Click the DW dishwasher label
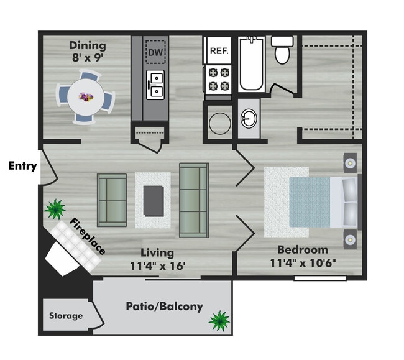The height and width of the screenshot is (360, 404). (x=155, y=53)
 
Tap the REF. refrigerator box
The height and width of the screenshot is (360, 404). (x=219, y=50)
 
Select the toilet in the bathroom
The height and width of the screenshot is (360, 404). (x=282, y=50)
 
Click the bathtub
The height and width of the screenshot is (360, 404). (x=252, y=65)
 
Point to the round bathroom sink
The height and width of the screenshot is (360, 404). (x=249, y=118)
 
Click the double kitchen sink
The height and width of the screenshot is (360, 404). (x=155, y=85)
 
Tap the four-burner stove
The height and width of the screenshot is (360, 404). (x=219, y=80)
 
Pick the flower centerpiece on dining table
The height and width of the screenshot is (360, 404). (x=86, y=97)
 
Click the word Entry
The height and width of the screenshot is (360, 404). (x=22, y=166)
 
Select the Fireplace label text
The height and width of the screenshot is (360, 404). (x=88, y=236)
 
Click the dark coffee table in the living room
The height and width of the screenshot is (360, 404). (x=154, y=201)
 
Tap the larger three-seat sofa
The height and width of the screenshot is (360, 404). (x=194, y=200)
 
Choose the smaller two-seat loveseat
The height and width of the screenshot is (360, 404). (x=112, y=200)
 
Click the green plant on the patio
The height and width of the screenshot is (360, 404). (x=219, y=321)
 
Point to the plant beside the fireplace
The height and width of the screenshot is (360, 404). (x=55, y=209)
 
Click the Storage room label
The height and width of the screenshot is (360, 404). (x=66, y=316)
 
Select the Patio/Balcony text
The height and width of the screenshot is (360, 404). (x=164, y=307)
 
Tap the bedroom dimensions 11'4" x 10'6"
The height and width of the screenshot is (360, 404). (x=303, y=263)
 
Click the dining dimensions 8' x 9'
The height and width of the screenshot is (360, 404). (x=88, y=57)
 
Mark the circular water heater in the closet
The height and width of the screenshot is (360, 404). (x=220, y=124)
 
